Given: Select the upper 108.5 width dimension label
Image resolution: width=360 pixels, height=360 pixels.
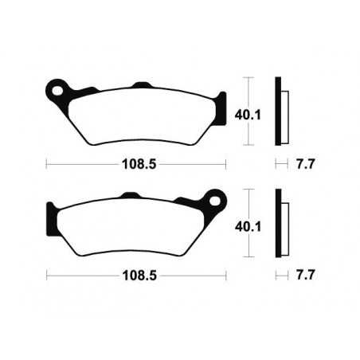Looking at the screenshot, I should coord(136,165).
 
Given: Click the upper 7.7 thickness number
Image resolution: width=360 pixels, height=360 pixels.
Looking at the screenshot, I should coord(301,165).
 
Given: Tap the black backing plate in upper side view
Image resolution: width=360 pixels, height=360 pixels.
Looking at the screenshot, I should coord(278,112).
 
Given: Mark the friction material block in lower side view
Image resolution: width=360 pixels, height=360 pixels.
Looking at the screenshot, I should coord(284,226).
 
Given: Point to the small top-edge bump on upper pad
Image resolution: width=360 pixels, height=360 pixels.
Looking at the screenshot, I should coord(140,85).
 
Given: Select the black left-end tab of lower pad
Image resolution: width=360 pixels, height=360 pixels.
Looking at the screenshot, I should coord(53,215).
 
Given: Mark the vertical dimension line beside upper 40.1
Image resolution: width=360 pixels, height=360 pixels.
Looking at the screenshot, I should coord(251,112).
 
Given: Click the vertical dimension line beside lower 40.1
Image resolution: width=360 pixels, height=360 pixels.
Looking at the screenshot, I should coord(251,224).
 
